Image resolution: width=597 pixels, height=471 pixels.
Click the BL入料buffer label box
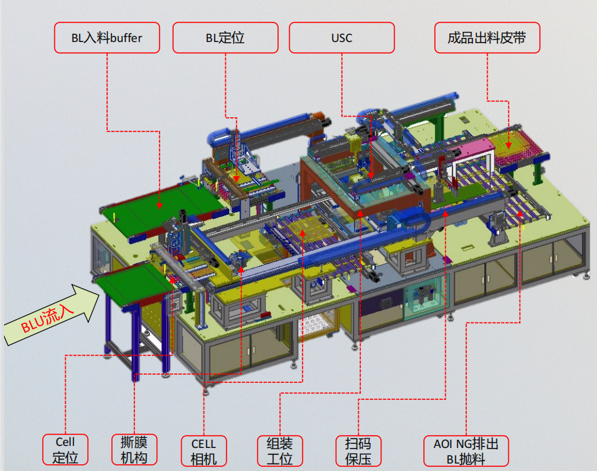coord(107,38)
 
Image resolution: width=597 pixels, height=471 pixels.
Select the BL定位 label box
coord(225,38)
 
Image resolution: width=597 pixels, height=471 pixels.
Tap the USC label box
coord(342,38)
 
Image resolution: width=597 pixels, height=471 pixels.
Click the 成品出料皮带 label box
coord(487,38)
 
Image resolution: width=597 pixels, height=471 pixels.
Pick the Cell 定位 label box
coord(65,450)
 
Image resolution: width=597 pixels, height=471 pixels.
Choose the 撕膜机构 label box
coord(134,450)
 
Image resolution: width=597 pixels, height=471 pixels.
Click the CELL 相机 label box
coord(204,451)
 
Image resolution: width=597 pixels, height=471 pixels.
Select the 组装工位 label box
coord(280,451)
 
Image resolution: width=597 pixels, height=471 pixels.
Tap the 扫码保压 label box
coord(358,451)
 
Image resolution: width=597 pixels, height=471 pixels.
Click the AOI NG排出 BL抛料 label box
coord(466,451)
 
